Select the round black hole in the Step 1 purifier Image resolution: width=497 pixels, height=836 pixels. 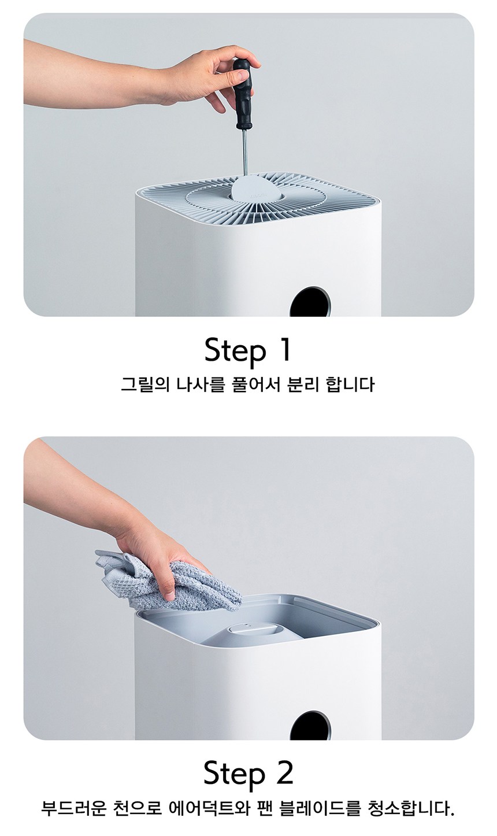coord(310,302)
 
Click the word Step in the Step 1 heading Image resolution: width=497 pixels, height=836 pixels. coord(235,351)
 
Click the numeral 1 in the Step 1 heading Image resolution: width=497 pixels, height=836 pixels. coord(284,350)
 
